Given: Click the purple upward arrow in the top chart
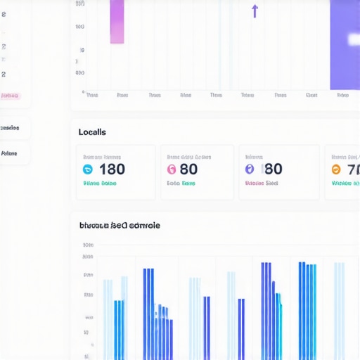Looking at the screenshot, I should tap(255, 11).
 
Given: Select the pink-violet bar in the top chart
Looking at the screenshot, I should tap(117, 21).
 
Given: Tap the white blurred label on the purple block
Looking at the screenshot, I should tap(354, 39).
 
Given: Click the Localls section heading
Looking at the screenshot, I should tap(92, 132).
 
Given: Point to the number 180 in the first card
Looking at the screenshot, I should tap(112, 169).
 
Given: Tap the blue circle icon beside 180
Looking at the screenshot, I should tap(88, 169).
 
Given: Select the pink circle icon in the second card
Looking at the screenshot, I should tap(171, 169).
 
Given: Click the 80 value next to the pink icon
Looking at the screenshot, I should tap(188, 169).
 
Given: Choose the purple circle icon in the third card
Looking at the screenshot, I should tap(249, 169).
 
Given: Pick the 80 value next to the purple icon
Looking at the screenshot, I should tap(272, 169).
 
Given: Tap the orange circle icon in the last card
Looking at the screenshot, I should tap(335, 169).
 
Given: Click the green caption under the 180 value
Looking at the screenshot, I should tap(99, 184).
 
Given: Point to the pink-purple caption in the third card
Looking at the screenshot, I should tap(261, 184).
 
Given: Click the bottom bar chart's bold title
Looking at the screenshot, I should tap(120, 226).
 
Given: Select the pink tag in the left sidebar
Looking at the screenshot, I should tap(11, 96).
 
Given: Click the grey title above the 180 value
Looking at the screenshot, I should tap(102, 157).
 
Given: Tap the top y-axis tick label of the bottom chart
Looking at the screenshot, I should tap(88, 245).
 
